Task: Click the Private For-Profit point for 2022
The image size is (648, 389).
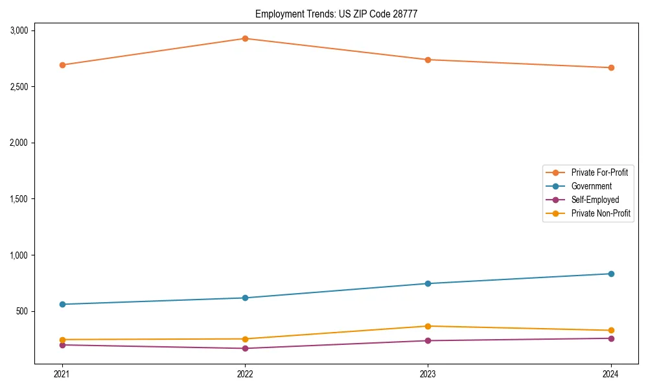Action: (x=245, y=38)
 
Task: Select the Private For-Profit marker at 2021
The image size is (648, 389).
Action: (x=62, y=65)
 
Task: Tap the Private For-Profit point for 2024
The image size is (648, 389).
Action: (x=611, y=67)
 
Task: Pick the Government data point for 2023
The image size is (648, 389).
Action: (x=428, y=283)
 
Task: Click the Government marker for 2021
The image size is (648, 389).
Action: (x=62, y=304)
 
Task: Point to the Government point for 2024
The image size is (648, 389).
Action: (x=611, y=274)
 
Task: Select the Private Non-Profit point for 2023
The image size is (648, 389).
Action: (x=428, y=326)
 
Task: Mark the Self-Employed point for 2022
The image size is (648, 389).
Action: (x=245, y=348)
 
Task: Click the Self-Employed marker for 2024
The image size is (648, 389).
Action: (x=611, y=338)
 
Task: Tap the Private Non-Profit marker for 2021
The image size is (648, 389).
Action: (x=62, y=340)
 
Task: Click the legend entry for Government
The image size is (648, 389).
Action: (x=591, y=186)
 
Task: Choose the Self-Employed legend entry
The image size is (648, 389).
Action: (x=595, y=200)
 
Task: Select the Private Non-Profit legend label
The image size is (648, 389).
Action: (x=601, y=213)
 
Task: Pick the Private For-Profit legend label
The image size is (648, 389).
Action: (x=599, y=172)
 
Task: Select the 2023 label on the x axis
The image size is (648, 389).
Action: (x=428, y=374)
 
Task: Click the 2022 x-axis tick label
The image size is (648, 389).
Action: (x=245, y=374)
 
